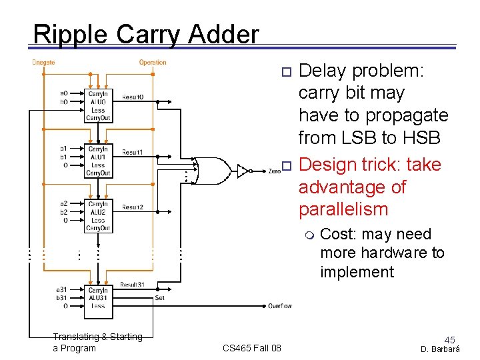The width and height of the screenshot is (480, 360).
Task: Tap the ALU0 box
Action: click(x=98, y=106)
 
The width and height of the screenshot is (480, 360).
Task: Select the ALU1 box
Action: click(x=98, y=161)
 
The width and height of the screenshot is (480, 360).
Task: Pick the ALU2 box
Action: click(x=98, y=215)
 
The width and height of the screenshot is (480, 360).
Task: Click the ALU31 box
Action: click(x=98, y=298)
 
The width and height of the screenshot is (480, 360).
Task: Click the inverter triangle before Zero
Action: click(x=244, y=171)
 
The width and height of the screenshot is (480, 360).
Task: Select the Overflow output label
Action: click(x=280, y=306)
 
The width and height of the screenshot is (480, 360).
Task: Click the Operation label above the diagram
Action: click(x=153, y=63)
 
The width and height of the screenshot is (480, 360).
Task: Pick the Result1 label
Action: click(x=132, y=153)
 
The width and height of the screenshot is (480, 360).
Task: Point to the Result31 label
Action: click(x=132, y=285)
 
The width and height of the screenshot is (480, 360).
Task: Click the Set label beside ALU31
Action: click(x=159, y=298)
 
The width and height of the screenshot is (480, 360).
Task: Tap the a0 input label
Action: click(x=64, y=93)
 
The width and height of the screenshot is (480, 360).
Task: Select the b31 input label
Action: click(x=61, y=298)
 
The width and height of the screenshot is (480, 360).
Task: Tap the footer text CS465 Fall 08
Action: click(x=251, y=348)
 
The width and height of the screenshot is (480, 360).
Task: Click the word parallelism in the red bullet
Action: click(x=343, y=209)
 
